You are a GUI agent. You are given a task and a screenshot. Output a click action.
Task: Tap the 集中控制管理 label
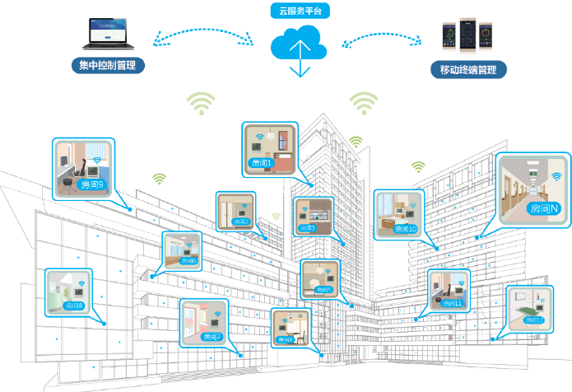(107, 66)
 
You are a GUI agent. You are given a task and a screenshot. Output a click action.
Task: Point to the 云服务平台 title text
(299, 11)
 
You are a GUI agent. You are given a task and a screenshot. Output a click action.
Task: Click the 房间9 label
(92, 185)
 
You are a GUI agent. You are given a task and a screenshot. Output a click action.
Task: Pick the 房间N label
(545, 208)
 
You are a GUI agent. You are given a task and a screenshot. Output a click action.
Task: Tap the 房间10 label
(407, 228)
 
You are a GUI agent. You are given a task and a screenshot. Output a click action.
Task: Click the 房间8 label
(74, 305)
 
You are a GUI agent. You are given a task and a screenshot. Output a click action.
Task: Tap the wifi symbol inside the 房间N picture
(557, 175)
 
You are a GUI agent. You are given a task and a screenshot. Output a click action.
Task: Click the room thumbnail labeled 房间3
(314, 217)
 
